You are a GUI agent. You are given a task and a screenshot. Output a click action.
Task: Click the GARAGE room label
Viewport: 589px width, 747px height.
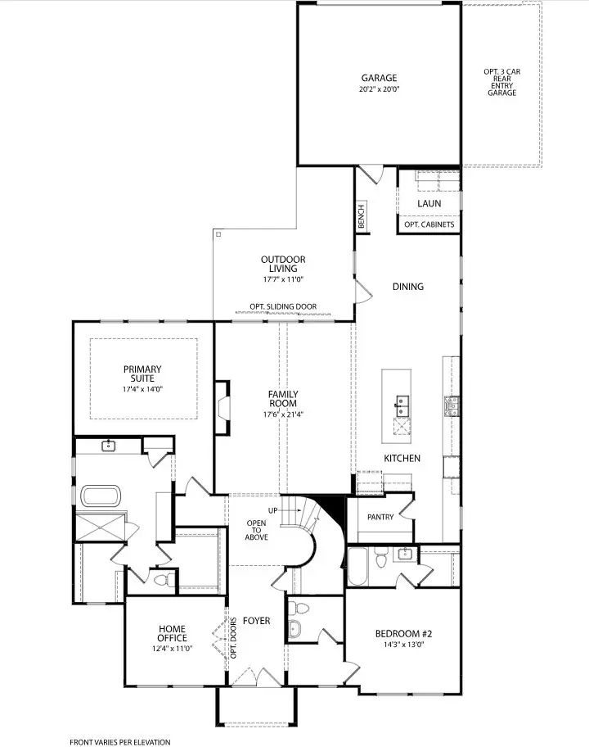click(x=379, y=79)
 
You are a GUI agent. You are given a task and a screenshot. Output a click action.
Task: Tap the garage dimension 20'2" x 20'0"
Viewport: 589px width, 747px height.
click(x=379, y=89)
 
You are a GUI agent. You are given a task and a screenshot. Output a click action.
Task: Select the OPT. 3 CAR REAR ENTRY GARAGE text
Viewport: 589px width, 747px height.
click(x=502, y=82)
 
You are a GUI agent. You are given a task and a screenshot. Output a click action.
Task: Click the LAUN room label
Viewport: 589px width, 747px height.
click(x=429, y=203)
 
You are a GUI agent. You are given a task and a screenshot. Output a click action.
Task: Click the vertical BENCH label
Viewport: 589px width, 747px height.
click(x=361, y=217)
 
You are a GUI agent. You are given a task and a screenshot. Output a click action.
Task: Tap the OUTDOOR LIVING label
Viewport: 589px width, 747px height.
click(x=283, y=263)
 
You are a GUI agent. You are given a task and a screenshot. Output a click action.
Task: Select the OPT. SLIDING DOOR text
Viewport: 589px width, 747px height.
click(x=283, y=308)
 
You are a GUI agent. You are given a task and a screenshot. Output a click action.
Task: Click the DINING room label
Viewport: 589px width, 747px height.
click(x=407, y=287)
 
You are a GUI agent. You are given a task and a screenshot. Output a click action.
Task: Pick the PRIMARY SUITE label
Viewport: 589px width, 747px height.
click(x=142, y=373)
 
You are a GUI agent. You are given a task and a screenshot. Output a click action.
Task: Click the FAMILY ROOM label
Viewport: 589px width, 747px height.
click(x=283, y=399)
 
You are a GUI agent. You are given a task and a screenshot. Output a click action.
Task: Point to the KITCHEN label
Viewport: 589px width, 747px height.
click(x=402, y=459)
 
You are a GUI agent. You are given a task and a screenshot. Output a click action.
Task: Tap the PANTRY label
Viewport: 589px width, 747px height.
click(x=380, y=517)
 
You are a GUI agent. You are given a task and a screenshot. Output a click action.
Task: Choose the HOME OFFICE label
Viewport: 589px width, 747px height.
click(x=173, y=633)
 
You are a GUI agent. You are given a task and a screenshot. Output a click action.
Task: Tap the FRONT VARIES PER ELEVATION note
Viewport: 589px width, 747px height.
click(x=119, y=742)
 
